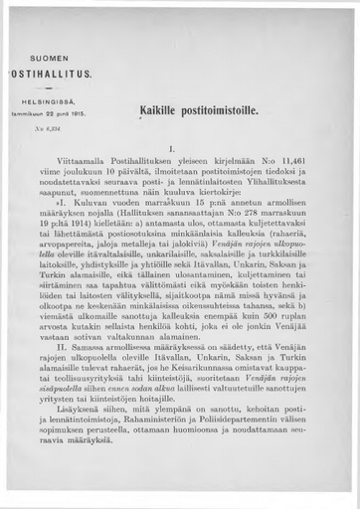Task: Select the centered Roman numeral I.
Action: point(175,151)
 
